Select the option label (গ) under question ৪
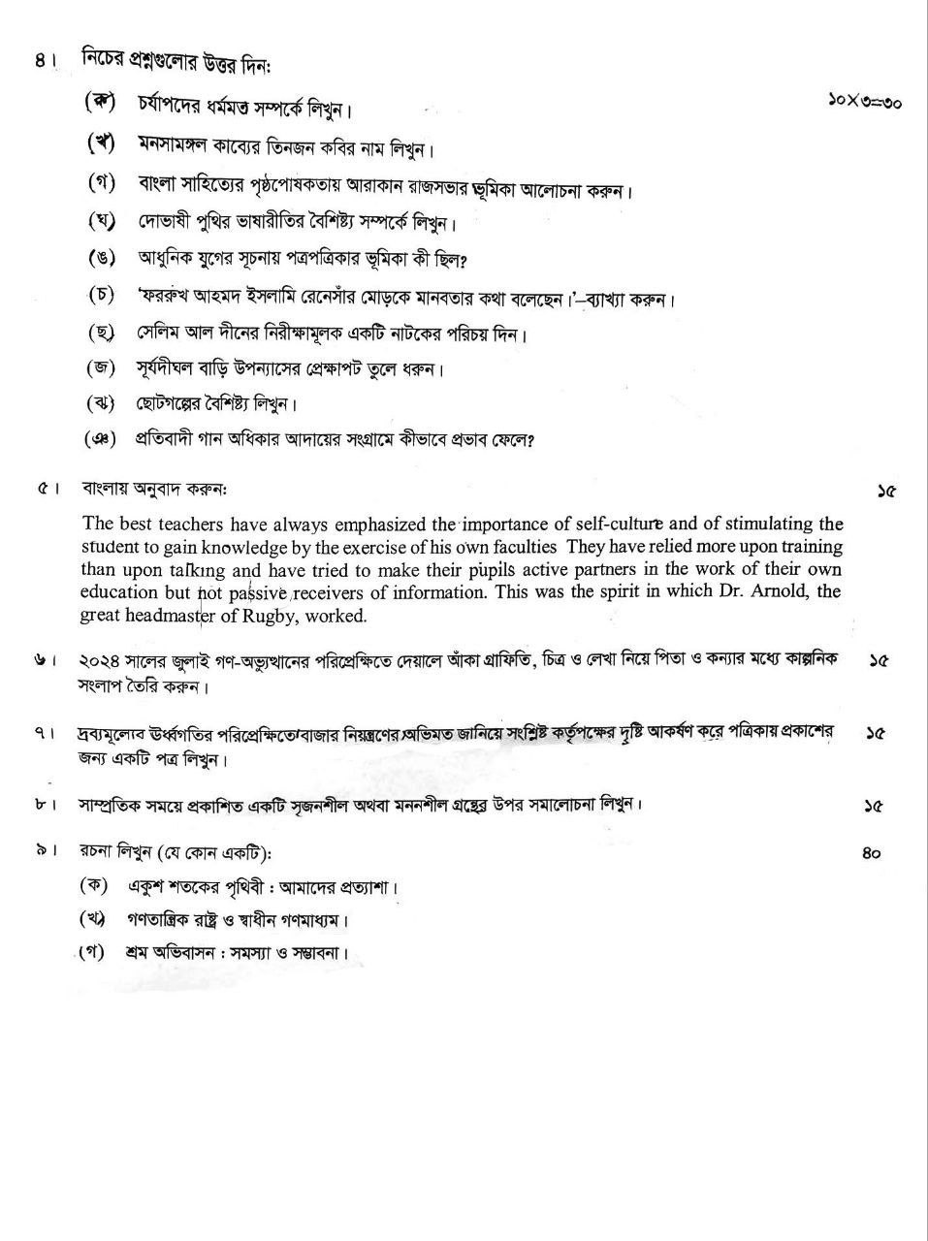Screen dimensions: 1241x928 pyautogui.click(x=101, y=183)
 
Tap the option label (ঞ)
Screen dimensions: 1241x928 pyautogui.click(x=100, y=439)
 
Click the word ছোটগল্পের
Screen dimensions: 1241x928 pyautogui.click(x=175, y=403)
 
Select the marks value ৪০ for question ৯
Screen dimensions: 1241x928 pyautogui.click(x=871, y=854)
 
